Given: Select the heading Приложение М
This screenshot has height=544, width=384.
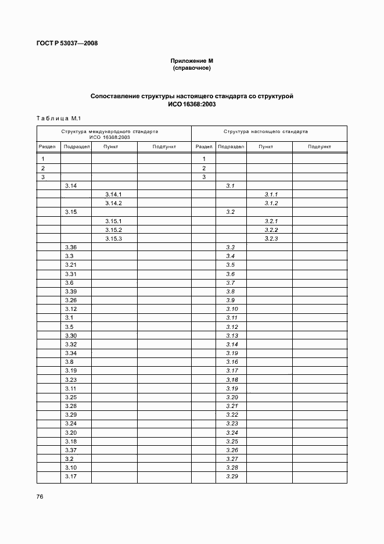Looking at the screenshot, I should coord(192,61).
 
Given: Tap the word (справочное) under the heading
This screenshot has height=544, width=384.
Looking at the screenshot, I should coord(192,68).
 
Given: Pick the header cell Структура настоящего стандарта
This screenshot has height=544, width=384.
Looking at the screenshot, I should coord(265,132).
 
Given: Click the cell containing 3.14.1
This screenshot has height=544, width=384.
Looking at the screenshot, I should coord(113,194).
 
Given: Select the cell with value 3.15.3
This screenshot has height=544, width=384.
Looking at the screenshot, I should coord(113,238).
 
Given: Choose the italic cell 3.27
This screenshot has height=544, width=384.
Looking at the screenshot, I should coord(232,459).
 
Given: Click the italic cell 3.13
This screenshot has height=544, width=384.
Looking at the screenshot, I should coord(232,336).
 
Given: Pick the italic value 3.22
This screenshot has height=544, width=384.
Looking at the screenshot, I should coord(232,415).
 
